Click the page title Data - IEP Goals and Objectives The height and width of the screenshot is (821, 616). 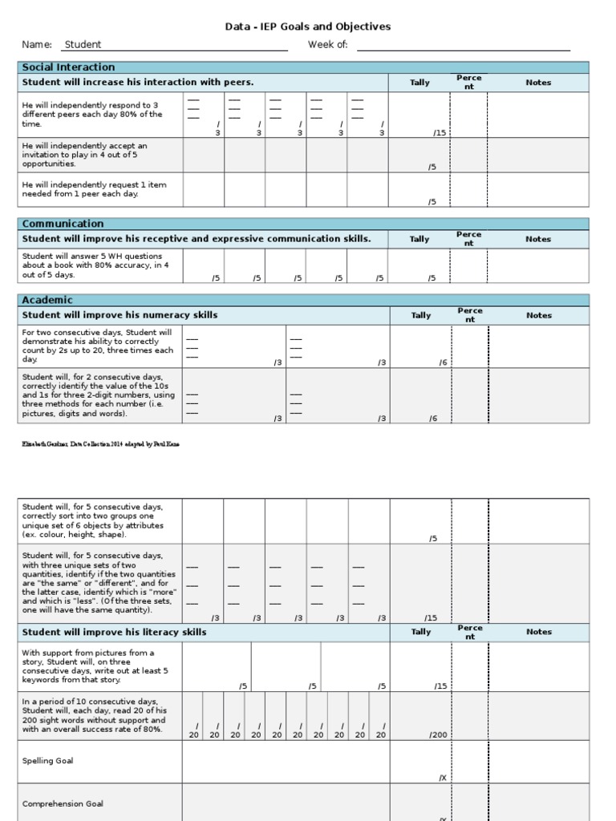click(x=308, y=26)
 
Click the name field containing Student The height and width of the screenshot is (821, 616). click(x=83, y=45)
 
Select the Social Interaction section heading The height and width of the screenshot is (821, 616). click(x=68, y=67)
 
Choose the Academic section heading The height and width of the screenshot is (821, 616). click(x=47, y=300)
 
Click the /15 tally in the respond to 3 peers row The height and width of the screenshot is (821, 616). click(x=440, y=133)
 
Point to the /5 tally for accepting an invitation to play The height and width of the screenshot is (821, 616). click(x=432, y=167)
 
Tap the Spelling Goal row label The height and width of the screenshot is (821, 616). click(x=47, y=761)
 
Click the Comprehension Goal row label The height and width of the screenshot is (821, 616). click(x=63, y=803)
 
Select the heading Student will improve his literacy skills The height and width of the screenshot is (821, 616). click(x=114, y=633)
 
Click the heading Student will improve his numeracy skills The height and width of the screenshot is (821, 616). click(x=120, y=315)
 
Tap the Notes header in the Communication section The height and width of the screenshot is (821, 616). click(x=538, y=239)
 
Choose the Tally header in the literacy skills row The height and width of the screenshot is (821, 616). click(x=420, y=632)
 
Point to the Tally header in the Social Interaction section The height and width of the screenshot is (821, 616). click(x=419, y=83)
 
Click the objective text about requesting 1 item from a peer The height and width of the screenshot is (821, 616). click(x=95, y=189)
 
